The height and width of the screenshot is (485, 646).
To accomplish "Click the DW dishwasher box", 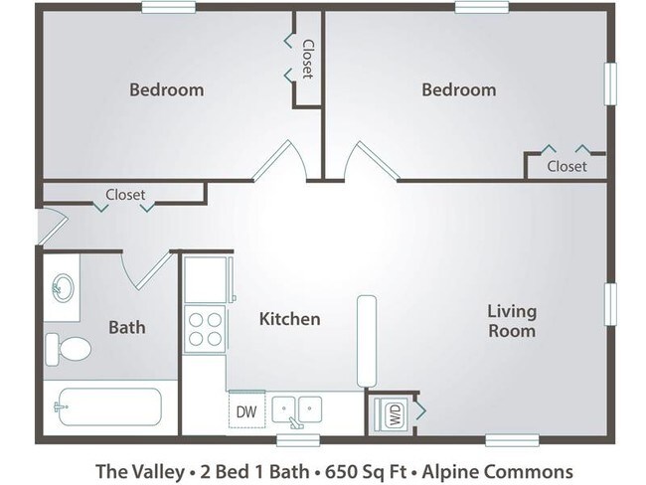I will pyautogui.click(x=244, y=409).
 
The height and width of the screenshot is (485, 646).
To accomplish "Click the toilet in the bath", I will pyautogui.click(x=70, y=348).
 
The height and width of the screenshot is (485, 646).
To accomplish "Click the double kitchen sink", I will pyautogui.click(x=297, y=409).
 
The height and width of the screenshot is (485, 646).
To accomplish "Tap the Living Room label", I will pyautogui.click(x=511, y=321).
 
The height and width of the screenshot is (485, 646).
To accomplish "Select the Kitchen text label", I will pyautogui.click(x=289, y=319).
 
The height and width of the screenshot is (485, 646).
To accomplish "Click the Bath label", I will pyautogui.click(x=127, y=326).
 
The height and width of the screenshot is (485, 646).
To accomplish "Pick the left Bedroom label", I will pyautogui.click(x=167, y=89).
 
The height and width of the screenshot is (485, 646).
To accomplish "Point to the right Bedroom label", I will pyautogui.click(x=458, y=89).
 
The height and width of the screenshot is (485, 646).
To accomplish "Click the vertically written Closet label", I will pyautogui.click(x=307, y=60).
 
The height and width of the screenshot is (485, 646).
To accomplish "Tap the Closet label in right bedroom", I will pyautogui.click(x=566, y=166).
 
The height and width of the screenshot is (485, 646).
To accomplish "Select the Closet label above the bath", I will pyautogui.click(x=125, y=195).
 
